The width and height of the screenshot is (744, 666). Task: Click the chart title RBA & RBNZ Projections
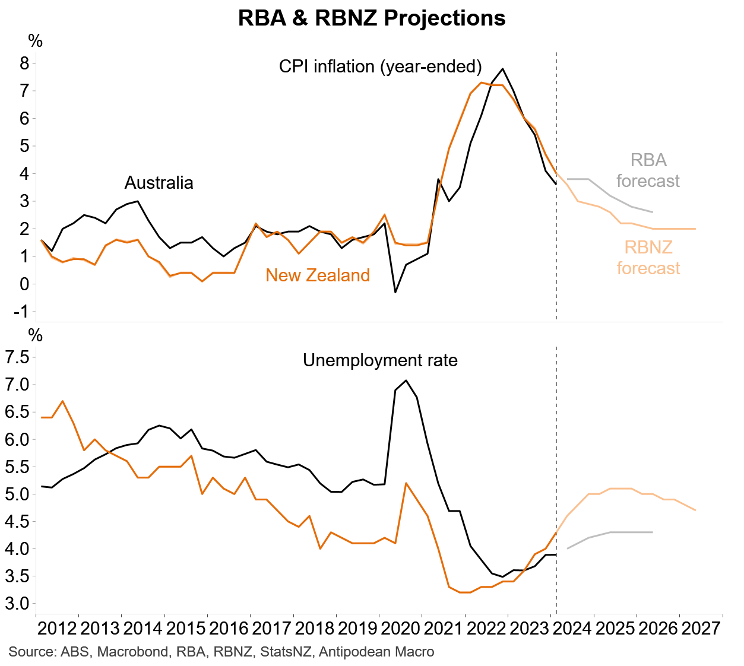click(x=372, y=18)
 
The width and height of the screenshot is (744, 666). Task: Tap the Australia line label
click(x=159, y=183)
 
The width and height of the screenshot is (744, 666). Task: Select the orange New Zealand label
click(x=318, y=275)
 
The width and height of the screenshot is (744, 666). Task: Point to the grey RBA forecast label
click(x=648, y=170)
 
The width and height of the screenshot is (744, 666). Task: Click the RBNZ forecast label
click(x=648, y=258)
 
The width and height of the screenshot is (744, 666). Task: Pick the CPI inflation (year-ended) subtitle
click(x=380, y=66)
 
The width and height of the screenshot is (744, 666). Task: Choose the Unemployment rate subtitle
click(x=380, y=360)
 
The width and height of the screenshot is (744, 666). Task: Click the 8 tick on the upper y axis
click(x=24, y=64)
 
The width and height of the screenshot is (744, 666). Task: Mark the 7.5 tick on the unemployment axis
click(x=17, y=357)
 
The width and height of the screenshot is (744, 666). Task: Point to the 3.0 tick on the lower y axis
click(x=17, y=604)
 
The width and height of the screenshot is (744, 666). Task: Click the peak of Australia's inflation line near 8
click(x=503, y=69)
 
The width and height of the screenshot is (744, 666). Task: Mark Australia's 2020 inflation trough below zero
click(x=395, y=292)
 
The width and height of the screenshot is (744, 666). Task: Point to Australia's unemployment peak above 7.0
click(x=406, y=380)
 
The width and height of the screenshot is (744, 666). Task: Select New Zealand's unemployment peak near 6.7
click(x=63, y=401)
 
